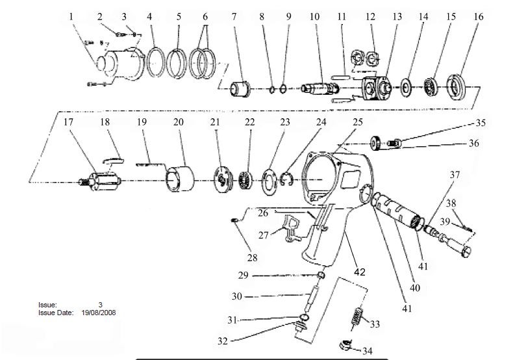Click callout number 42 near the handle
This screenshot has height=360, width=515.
point(360,272)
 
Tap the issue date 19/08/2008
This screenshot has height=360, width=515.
point(99,313)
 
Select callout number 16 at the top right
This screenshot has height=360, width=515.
point(479,16)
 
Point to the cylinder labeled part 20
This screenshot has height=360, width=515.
point(180,179)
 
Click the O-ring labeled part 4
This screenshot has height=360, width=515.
point(156,62)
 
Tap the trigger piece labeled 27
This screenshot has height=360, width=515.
point(292,227)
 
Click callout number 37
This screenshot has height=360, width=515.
point(455,175)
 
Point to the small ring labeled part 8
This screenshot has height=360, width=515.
point(272,89)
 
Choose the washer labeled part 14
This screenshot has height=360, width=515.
point(407,88)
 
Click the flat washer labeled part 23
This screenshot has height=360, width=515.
point(270,182)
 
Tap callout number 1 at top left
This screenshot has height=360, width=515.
point(71,16)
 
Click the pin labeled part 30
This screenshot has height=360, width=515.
point(310,298)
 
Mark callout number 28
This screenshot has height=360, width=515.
point(252,258)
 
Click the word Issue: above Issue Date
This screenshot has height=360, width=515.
point(47,305)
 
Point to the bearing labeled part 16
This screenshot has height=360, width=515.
point(457,87)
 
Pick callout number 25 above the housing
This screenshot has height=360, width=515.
point(358,122)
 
